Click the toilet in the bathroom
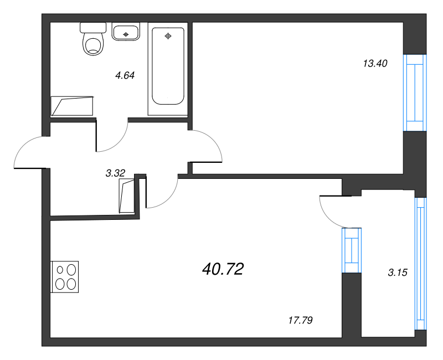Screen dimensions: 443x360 [x=93, y=39]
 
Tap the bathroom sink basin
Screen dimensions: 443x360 [x=126, y=32]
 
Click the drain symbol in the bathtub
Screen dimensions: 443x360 [x=168, y=36]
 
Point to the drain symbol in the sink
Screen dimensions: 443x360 [x=126, y=34]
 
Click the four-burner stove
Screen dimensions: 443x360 [x=64, y=276]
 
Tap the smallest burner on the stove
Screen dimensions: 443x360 [x=60, y=270]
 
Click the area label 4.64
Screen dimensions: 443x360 [x=125, y=75]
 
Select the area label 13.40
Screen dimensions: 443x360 [x=375, y=64]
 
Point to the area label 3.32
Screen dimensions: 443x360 [x=115, y=173]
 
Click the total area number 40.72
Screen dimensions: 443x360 [x=223, y=269]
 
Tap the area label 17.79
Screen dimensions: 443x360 [x=300, y=321]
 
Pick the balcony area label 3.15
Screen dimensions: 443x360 [x=398, y=272]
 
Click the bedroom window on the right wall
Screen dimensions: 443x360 [x=415, y=92]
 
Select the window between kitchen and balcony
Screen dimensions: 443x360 [x=352, y=250]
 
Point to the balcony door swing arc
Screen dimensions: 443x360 [x=326, y=215]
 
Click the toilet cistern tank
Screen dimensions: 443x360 [x=93, y=27]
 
